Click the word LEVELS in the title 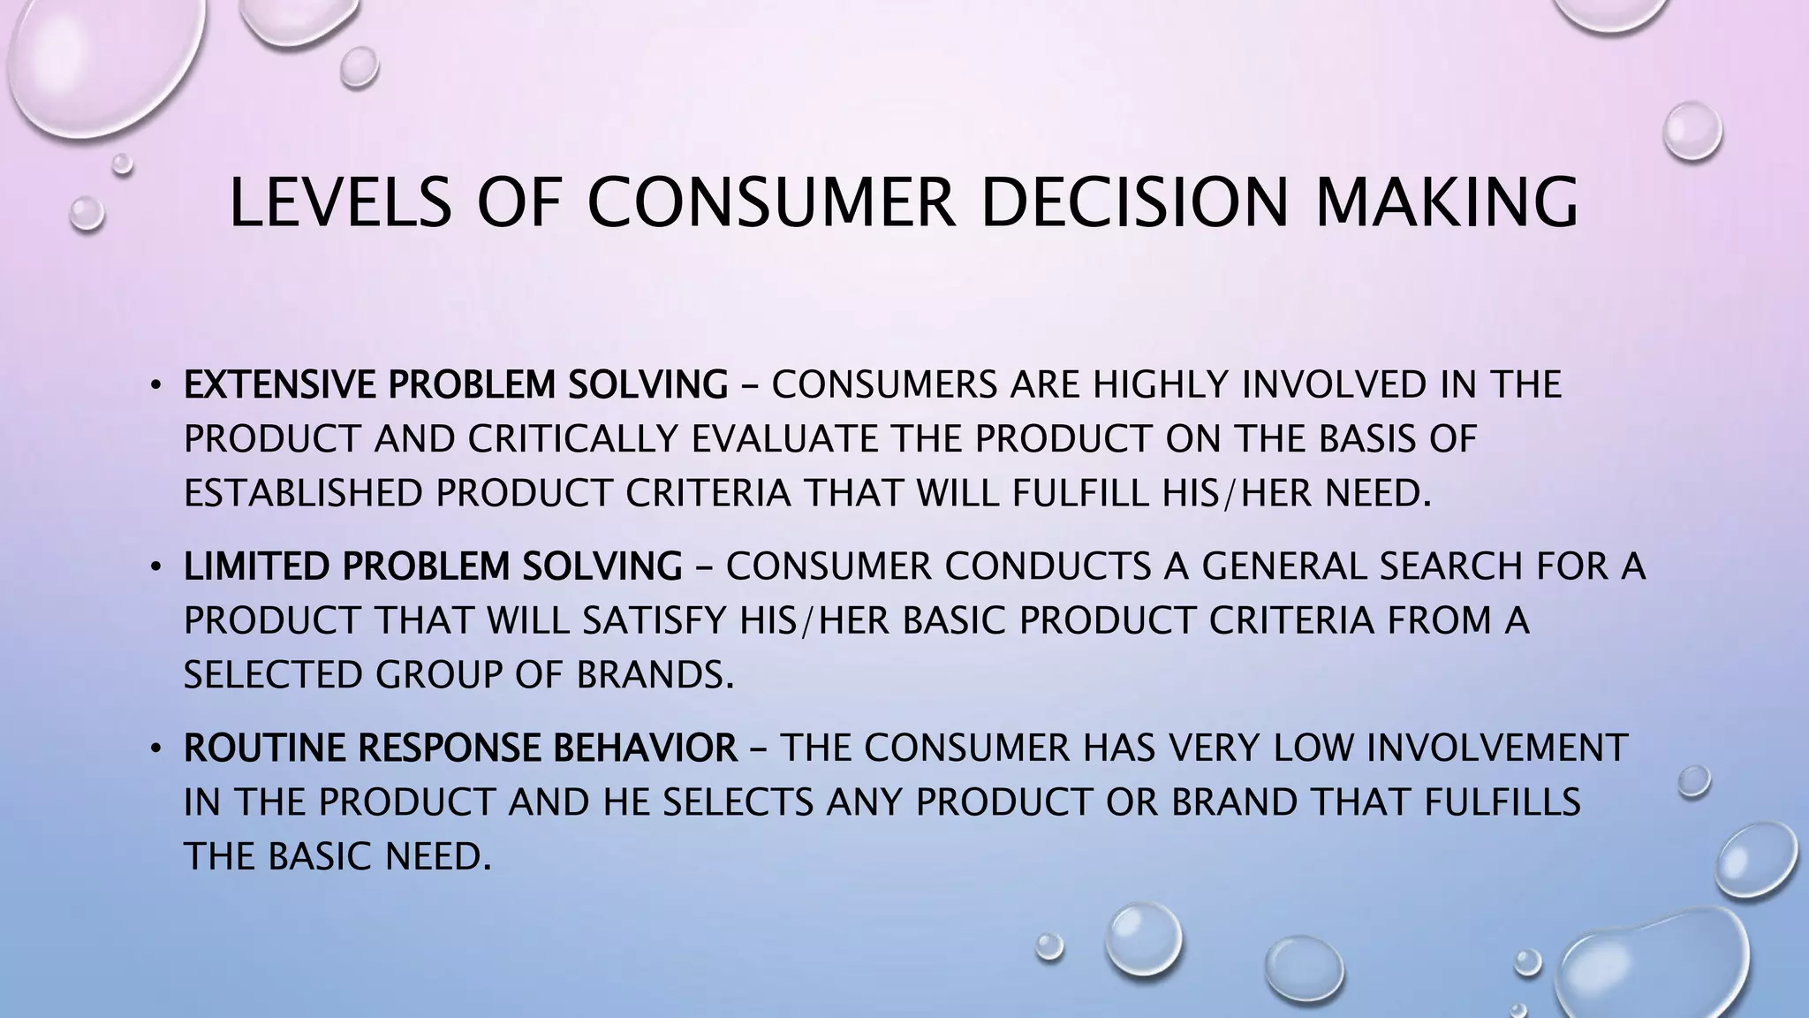[340, 202]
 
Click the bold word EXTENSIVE [280, 384]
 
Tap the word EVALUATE [783, 439]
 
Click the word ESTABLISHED [303, 493]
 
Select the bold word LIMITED [257, 566]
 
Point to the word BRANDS [655, 675]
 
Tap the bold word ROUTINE [265, 748]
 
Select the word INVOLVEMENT [1496, 748]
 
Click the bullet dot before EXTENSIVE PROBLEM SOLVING [155, 385]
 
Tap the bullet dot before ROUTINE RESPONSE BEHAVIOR [155, 749]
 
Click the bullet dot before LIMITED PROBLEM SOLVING [155, 567]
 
